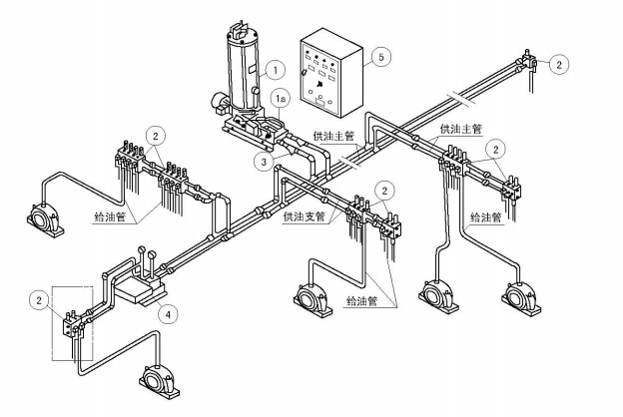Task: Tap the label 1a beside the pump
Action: [282, 100]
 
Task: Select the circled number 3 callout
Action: [263, 160]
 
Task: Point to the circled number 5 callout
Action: [382, 57]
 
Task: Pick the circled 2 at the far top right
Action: [559, 65]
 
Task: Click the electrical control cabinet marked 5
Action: [329, 75]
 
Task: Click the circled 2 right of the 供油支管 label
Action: [384, 189]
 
